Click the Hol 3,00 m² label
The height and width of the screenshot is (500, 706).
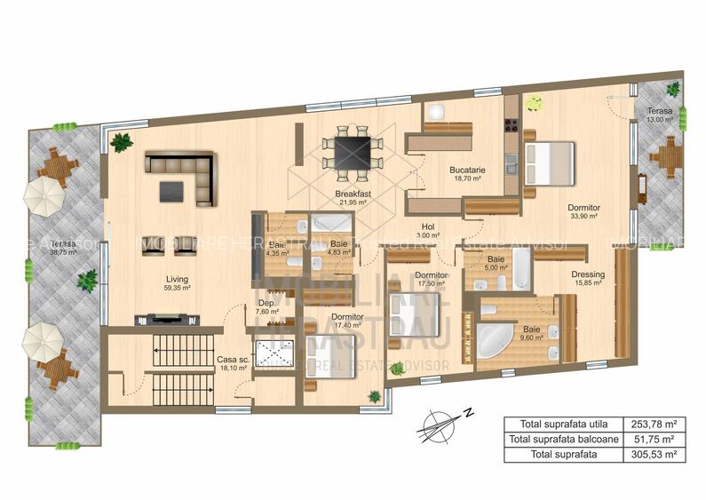[x=429, y=231]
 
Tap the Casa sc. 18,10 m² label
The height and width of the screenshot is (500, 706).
[x=234, y=363]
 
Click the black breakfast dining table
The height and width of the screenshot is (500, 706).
[x=353, y=148]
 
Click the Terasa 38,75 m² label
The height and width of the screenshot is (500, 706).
[x=63, y=248]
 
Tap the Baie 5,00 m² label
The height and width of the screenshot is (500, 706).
[x=496, y=264]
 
